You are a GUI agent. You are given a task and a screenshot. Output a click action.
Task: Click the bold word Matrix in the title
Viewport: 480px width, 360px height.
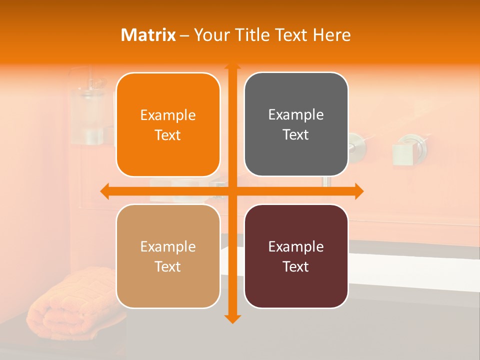[x=148, y=35]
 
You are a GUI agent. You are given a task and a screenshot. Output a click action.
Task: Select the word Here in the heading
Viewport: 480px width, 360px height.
[x=331, y=35]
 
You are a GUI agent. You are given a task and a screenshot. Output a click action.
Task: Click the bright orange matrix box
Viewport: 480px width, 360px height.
[x=168, y=124]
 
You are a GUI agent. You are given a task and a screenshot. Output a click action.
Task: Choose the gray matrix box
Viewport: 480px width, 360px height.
[x=296, y=124]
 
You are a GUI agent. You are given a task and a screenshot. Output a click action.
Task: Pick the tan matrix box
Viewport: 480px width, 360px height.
[x=168, y=256]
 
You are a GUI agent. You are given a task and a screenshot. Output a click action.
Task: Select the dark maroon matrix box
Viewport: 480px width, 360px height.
[x=296, y=256]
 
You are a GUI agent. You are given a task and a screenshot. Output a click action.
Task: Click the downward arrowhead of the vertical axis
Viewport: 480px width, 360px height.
[x=232, y=318]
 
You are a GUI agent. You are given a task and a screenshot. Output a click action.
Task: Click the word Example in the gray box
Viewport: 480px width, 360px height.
[x=296, y=115]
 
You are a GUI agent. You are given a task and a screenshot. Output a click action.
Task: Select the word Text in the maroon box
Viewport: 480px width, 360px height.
[x=296, y=266]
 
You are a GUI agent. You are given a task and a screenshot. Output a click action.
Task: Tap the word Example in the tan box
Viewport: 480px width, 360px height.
[x=168, y=246]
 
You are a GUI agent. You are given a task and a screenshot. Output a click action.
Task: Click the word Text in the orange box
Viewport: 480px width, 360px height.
[x=168, y=135]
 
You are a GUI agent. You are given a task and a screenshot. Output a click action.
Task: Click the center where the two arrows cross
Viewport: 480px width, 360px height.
[x=232, y=191]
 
